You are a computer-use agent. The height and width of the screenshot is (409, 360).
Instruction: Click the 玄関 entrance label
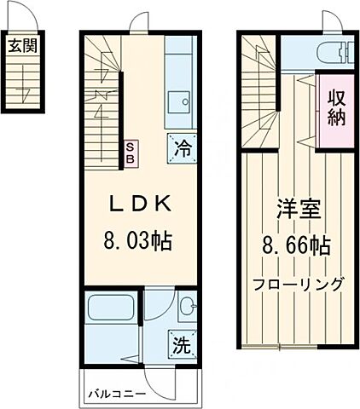tap(24, 46)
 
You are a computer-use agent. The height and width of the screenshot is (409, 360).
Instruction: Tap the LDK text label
tap(141, 204)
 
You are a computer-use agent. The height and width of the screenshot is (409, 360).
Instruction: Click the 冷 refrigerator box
tap(181, 147)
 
